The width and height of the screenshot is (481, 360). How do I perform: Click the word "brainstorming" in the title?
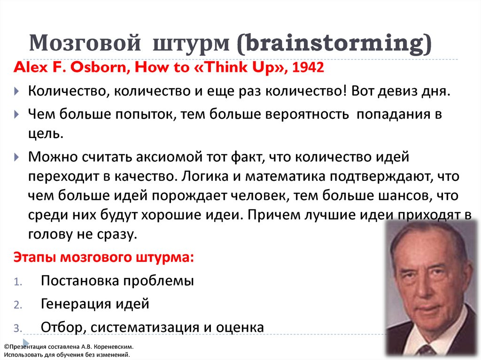click(335, 44)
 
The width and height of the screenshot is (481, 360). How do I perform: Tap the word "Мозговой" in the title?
click(85, 43)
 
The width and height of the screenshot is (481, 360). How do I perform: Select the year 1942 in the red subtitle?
click(308, 67)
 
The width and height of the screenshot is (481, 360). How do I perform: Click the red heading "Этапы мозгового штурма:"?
click(104, 257)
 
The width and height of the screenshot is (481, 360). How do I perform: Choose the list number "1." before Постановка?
click(18, 282)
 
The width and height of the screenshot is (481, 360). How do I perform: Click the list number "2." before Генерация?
click(18, 305)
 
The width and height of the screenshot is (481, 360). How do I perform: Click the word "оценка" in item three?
click(240, 327)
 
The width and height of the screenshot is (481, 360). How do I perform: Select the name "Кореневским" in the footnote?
click(114, 347)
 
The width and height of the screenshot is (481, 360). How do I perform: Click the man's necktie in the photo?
click(427, 351)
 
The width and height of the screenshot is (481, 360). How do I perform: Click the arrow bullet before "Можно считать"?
click(16, 157)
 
